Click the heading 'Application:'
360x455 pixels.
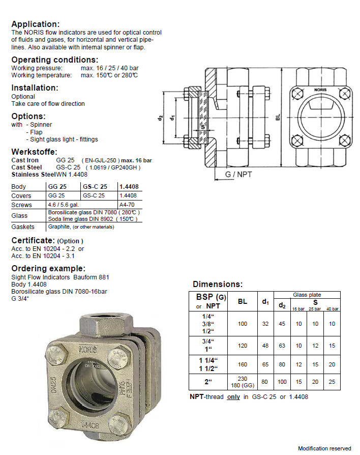pyautogui.click(x=35, y=24)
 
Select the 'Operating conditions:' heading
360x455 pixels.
pyautogui.click(x=50, y=60)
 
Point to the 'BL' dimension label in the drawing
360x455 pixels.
pyautogui.click(x=277, y=117)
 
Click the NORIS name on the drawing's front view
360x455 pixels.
pyautogui.click(x=320, y=90)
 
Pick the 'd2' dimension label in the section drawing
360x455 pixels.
pyautogui.click(x=159, y=118)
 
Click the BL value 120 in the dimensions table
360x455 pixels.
pyautogui.click(x=243, y=346)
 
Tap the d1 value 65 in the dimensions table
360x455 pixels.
pyautogui.click(x=265, y=364)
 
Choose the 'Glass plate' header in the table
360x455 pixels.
pyautogui.click(x=307, y=295)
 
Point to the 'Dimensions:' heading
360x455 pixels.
pyautogui.click(x=218, y=284)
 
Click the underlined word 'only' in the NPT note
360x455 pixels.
pyautogui.click(x=233, y=397)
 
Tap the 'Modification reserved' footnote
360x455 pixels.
pyautogui.click(x=324, y=448)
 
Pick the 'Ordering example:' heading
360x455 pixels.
pyautogui.click(x=48, y=268)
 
